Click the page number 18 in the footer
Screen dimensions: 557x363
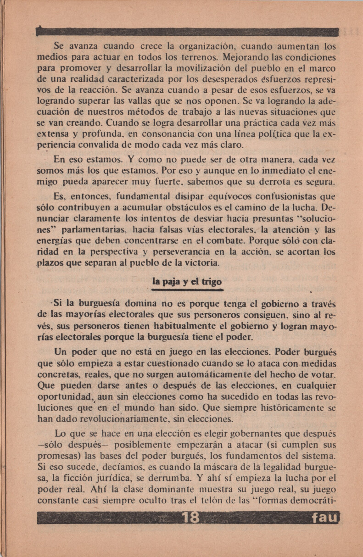[x=190, y=518]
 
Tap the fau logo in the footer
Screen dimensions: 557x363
[x=324, y=518]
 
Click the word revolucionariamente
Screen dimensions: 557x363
[x=123, y=419]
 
